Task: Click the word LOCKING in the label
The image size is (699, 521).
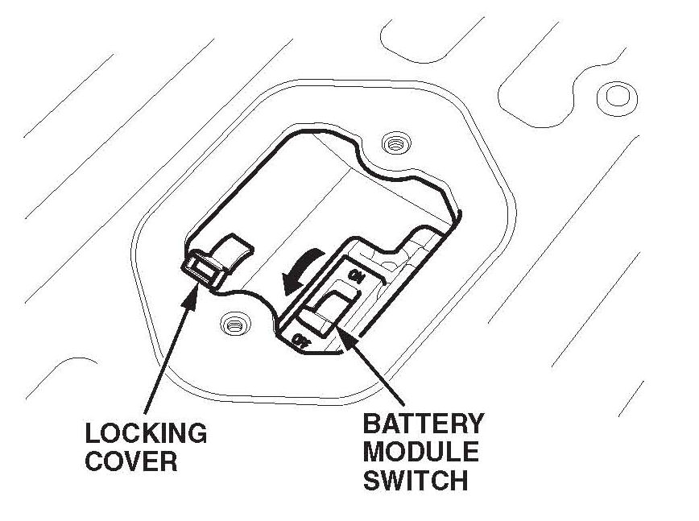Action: pos(146,433)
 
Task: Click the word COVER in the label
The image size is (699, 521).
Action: pos(130,461)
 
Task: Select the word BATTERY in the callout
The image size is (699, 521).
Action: pos(424,424)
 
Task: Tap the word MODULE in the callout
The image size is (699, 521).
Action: pos(420,452)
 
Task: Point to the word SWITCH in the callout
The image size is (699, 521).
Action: pos(415,480)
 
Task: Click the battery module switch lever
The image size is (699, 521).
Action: pos(329,310)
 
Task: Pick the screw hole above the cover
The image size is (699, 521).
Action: pos(394,143)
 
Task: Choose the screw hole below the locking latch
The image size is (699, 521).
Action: pos(234,325)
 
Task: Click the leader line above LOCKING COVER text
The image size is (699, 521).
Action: pos(169,354)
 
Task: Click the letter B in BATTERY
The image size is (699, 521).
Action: pos(372,424)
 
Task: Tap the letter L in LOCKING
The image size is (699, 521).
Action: pos(93,433)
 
